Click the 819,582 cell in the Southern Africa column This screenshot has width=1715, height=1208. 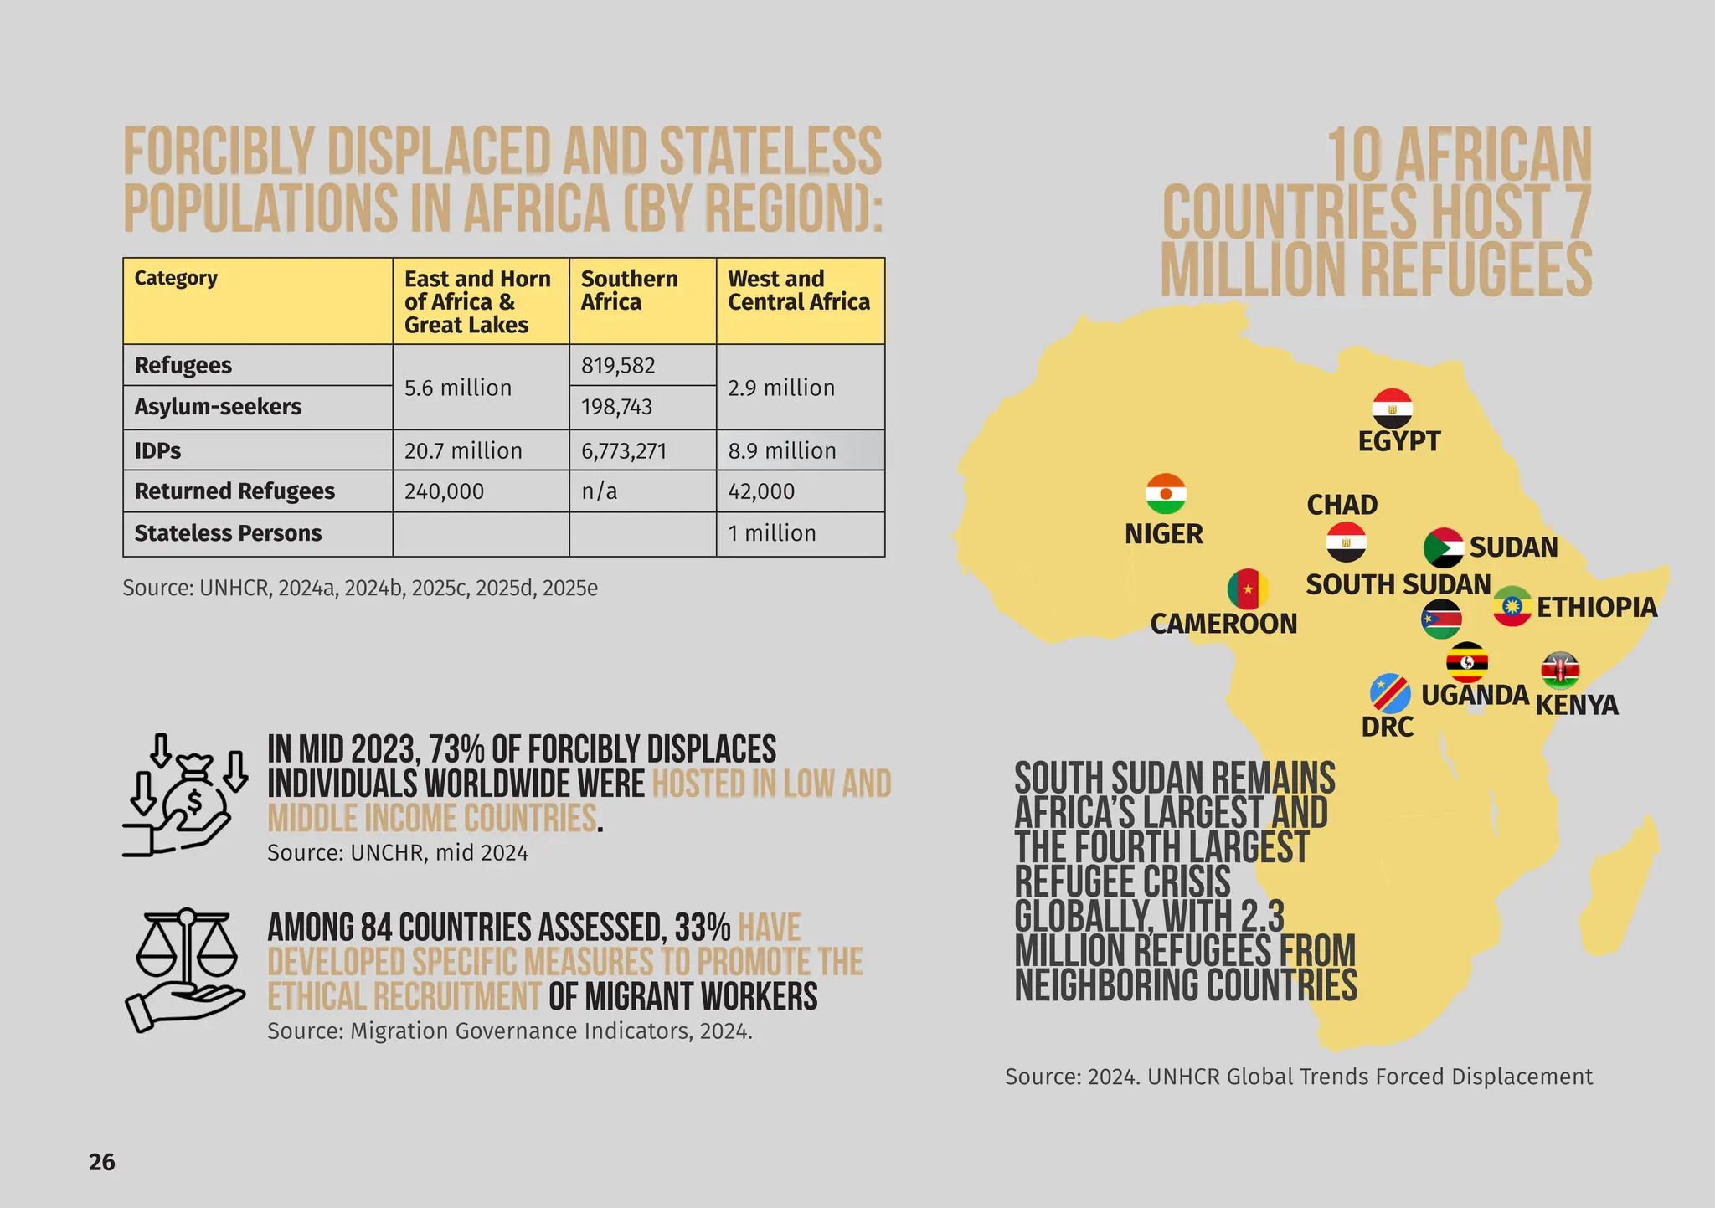tap(618, 366)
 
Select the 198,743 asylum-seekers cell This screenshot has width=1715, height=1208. tap(616, 408)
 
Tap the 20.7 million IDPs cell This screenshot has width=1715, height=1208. tap(463, 451)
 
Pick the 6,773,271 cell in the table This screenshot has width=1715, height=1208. tap(624, 451)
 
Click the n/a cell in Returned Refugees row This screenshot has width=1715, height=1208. tap(599, 491)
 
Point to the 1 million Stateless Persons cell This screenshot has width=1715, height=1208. tap(771, 533)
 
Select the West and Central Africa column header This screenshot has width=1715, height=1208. tap(799, 290)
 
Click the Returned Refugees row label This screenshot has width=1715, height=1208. tap(234, 491)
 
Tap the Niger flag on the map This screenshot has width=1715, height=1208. tap(1166, 494)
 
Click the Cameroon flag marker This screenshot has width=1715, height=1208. tap(1248, 589)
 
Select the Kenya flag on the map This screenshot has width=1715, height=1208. tap(1560, 671)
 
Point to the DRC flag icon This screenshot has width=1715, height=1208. tap(1390, 693)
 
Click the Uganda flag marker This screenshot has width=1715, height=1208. tap(1467, 662)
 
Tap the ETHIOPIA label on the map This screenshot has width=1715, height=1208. tap(1597, 608)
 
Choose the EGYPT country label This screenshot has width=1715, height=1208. tap(1398, 441)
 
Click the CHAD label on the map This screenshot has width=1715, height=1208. tap(1342, 505)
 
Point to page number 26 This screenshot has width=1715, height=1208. tap(102, 1162)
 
